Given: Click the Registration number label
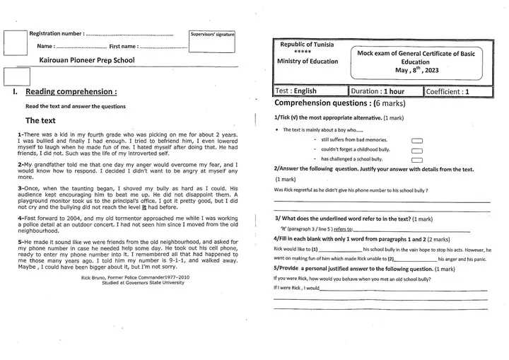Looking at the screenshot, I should (56, 33).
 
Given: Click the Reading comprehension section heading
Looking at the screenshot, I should (71, 92).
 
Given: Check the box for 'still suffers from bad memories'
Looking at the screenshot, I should (416, 141).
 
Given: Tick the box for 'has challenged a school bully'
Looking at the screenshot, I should (416, 160).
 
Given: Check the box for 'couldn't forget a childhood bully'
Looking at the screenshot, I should (416, 151).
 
